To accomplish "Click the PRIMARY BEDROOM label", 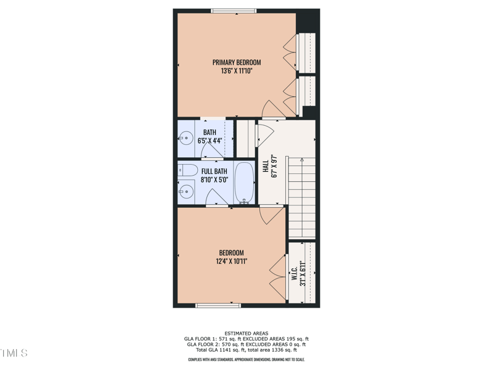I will coord(237,62).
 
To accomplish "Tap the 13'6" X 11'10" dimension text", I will coord(237,72).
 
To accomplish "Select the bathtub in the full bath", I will coord(245,183).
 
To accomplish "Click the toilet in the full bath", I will coord(189,170).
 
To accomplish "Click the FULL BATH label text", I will coord(214,171).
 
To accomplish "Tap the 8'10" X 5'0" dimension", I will coord(214,180).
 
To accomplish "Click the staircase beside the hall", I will coord(301,197).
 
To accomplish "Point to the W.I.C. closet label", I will coord(295,272).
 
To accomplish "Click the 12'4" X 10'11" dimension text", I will coord(232,261).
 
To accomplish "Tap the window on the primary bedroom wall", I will coord(234,10).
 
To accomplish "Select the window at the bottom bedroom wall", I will coord(218,305).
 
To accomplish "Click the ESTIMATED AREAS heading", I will coord(246,333).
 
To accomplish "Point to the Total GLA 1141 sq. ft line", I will coord(246,350).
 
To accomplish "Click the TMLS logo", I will coord(14,353).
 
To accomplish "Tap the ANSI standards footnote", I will coord(246,360).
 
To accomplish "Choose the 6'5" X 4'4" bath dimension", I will coord(210,141).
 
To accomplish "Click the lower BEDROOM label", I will coord(232,253).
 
